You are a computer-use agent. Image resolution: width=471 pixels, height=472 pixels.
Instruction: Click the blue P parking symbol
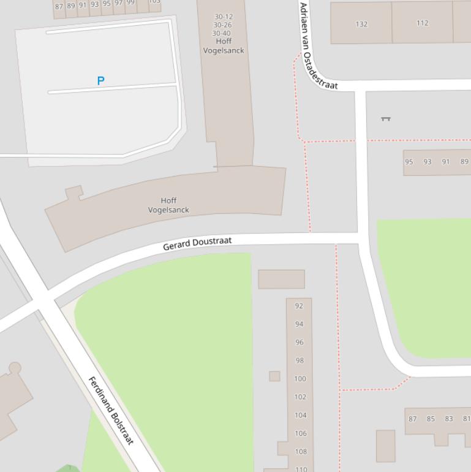(101, 80)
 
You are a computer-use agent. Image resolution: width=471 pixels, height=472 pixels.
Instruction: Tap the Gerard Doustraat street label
(197, 243)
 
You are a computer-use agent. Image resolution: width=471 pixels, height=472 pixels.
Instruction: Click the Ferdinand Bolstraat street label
(111, 411)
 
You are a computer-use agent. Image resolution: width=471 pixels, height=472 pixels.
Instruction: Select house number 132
(361, 24)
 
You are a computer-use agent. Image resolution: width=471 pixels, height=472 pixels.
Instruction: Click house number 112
(422, 23)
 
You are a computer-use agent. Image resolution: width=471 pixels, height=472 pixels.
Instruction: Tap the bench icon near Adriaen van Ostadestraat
(386, 118)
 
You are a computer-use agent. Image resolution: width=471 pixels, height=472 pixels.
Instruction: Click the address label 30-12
(223, 17)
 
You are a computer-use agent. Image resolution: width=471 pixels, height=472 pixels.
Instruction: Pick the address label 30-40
(221, 33)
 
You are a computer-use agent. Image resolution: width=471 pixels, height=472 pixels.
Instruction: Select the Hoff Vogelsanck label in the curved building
(168, 205)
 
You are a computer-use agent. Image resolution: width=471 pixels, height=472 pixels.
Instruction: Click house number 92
(299, 306)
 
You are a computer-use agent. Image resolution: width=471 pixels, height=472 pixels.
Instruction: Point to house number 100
(300, 379)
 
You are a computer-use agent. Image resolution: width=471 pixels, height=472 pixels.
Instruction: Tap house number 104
(300, 415)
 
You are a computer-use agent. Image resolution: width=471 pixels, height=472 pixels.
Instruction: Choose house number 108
(300, 452)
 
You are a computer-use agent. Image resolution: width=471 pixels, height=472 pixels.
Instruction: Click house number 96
(299, 342)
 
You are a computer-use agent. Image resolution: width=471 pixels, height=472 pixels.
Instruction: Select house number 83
(449, 419)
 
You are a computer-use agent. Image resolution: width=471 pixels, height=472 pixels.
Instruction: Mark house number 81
(466, 419)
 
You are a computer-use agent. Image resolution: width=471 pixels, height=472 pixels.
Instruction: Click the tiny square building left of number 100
(274, 376)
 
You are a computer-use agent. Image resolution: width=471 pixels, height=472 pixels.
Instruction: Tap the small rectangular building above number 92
(281, 279)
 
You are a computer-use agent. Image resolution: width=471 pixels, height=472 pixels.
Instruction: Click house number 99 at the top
(130, 3)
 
